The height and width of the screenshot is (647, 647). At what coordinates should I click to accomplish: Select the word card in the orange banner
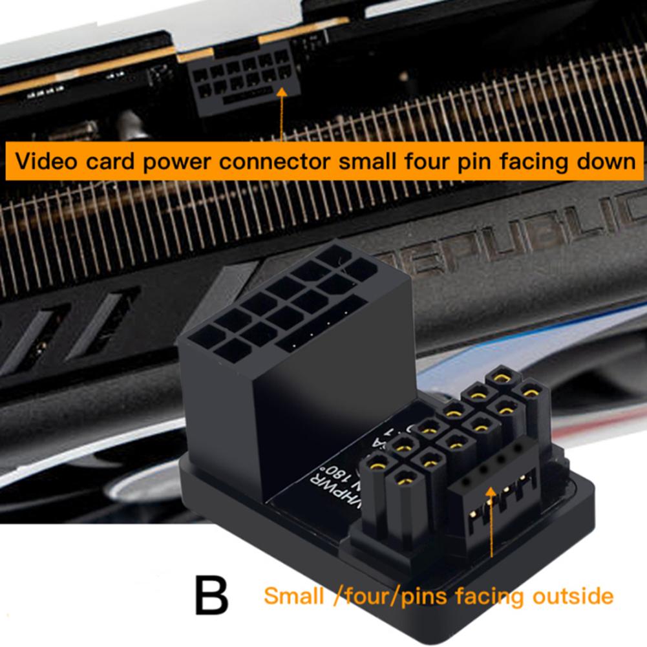click(112, 160)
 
